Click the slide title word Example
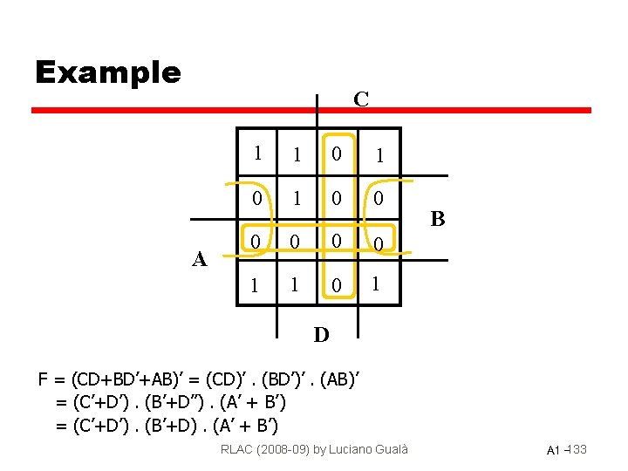107,72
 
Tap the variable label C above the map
361,99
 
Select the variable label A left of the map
200,259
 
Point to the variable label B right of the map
438,219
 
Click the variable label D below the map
321,335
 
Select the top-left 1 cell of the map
257,152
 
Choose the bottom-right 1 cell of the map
376,284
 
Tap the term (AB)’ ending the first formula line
339,379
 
